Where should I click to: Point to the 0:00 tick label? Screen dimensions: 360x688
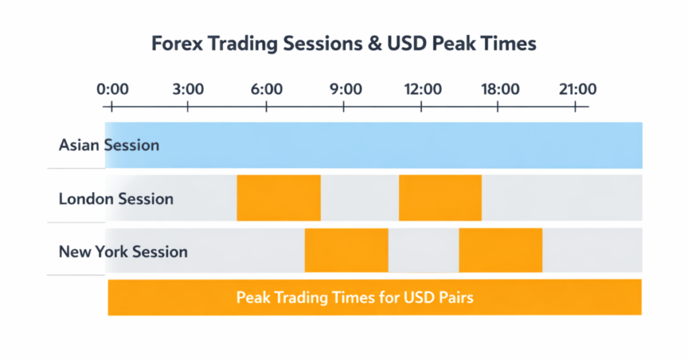click(x=112, y=89)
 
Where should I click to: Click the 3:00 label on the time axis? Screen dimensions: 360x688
click(x=188, y=89)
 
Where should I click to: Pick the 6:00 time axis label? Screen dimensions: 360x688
click(x=267, y=89)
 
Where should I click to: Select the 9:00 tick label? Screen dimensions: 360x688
click(x=345, y=89)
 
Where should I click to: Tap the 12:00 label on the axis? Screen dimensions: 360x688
click(x=422, y=89)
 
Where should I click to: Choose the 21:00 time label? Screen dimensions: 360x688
click(x=576, y=89)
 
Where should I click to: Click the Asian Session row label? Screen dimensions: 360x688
click(x=109, y=145)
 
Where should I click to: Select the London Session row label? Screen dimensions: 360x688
click(x=116, y=199)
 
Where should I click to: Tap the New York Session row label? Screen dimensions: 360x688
click(x=123, y=253)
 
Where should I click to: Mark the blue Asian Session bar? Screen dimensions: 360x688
click(x=403, y=145)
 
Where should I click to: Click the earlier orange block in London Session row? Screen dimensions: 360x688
click(x=279, y=197)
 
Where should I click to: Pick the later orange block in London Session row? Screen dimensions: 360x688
click(x=440, y=197)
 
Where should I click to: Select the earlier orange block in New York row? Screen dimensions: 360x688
click(x=346, y=250)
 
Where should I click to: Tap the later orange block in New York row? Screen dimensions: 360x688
click(x=501, y=250)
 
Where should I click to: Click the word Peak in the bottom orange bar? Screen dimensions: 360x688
click(x=253, y=297)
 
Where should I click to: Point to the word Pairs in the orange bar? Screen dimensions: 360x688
click(x=456, y=297)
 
